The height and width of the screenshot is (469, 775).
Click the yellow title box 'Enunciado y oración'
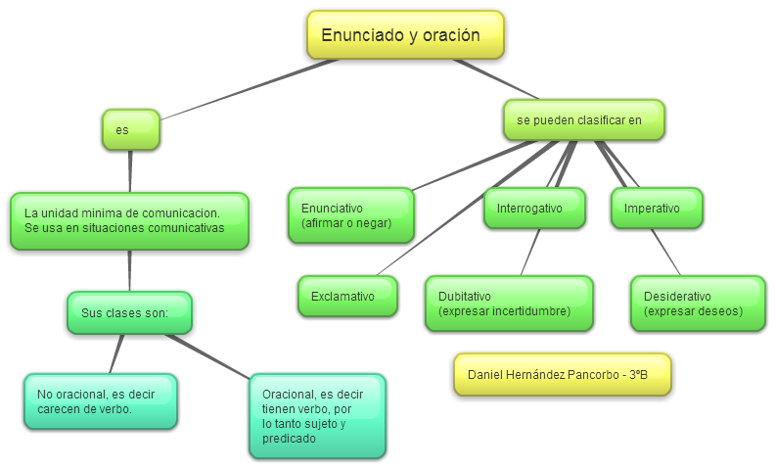405,34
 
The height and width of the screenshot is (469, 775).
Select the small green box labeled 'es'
130,129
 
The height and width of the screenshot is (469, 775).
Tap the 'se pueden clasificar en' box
583,120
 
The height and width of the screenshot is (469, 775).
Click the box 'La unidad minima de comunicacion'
129,220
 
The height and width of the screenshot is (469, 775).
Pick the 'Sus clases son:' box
129,313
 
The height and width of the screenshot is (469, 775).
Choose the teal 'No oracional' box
100,401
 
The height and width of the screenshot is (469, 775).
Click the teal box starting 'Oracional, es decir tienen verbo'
317,416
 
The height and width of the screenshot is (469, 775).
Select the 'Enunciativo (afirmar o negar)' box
350,215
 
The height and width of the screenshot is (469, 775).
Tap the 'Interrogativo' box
534,209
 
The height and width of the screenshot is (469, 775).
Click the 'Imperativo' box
657,209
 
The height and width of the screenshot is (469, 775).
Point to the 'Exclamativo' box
347,296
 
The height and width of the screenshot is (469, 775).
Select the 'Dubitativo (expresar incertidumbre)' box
509,304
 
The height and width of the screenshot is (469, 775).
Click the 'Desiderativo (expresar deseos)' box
697,304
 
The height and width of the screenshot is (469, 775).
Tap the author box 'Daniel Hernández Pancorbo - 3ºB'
562,375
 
